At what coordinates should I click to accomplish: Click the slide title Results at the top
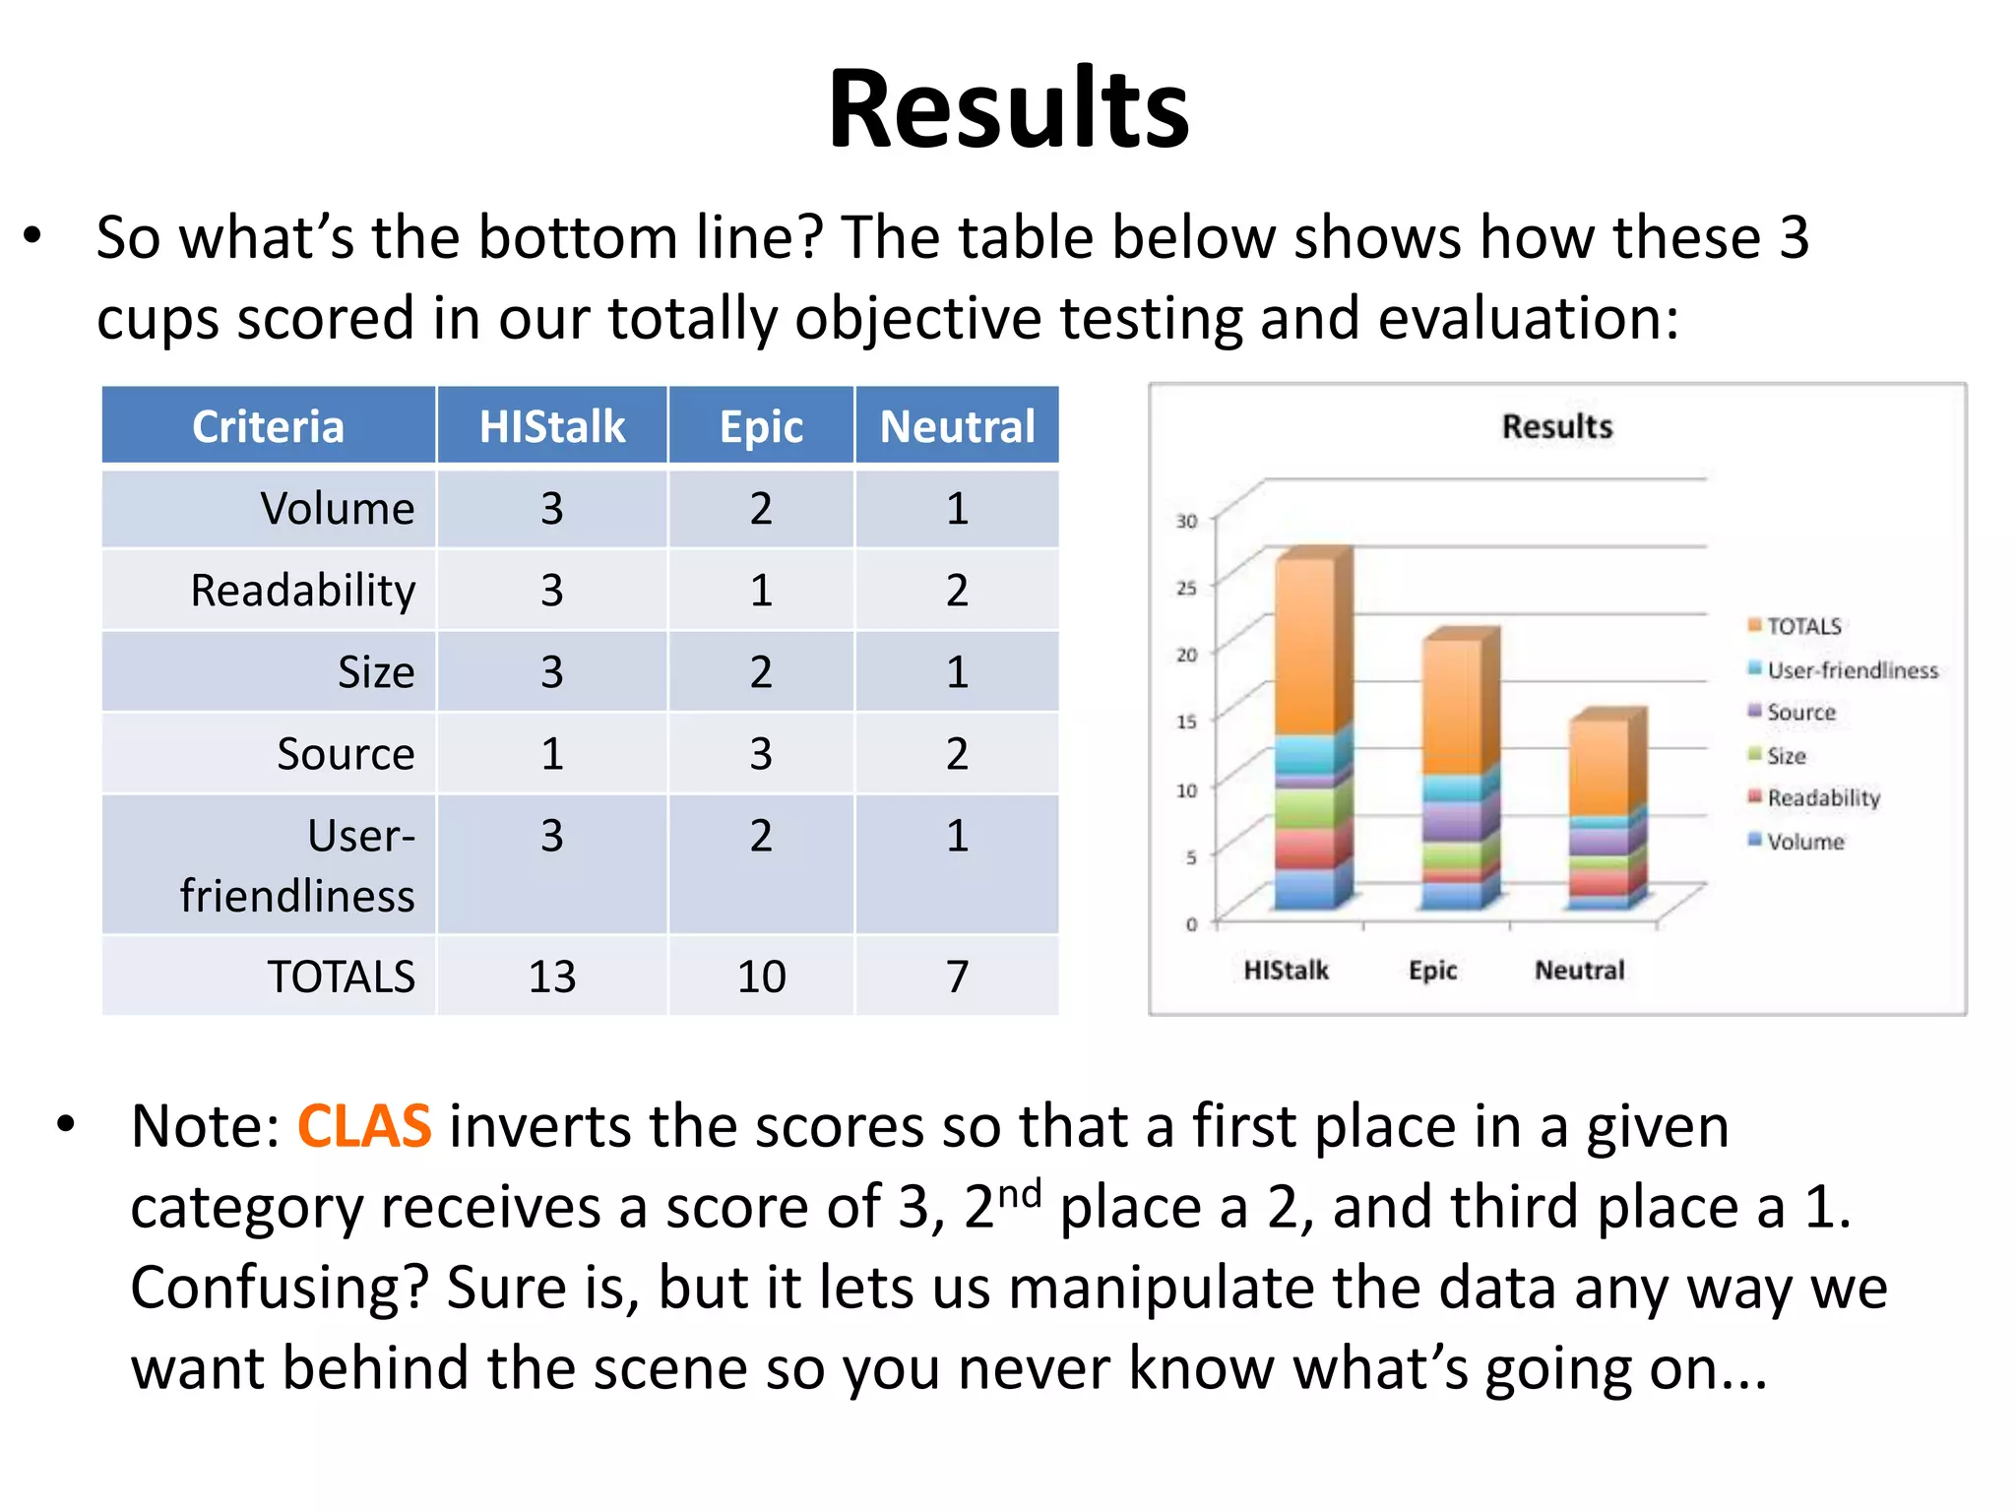pyautogui.click(x=1008, y=108)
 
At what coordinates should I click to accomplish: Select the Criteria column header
pyautogui.click(x=268, y=426)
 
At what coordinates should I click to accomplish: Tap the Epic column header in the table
pyautogui.click(x=761, y=426)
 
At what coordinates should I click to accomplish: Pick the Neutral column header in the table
pyautogui.click(x=957, y=426)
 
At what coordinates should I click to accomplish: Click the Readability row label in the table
pyautogui.click(x=303, y=591)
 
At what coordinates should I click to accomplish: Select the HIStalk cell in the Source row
pyautogui.click(x=551, y=754)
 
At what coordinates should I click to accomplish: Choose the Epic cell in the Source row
pyautogui.click(x=761, y=754)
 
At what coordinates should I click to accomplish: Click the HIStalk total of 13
pyautogui.click(x=551, y=976)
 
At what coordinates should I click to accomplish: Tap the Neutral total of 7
pyautogui.click(x=957, y=976)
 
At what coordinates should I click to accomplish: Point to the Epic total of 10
pyautogui.click(x=761, y=976)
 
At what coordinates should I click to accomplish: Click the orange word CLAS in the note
pyautogui.click(x=364, y=1126)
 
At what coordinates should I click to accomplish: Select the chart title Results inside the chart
pyautogui.click(x=1557, y=427)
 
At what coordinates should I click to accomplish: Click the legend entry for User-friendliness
pyautogui.click(x=1851, y=670)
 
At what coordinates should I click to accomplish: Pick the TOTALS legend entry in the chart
pyautogui.click(x=1802, y=626)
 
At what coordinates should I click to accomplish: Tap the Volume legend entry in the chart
pyautogui.click(x=1804, y=842)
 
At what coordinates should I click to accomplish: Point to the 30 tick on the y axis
pyautogui.click(x=1187, y=521)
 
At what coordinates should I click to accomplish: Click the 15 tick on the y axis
pyautogui.click(x=1187, y=722)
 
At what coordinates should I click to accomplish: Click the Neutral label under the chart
pyautogui.click(x=1579, y=971)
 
